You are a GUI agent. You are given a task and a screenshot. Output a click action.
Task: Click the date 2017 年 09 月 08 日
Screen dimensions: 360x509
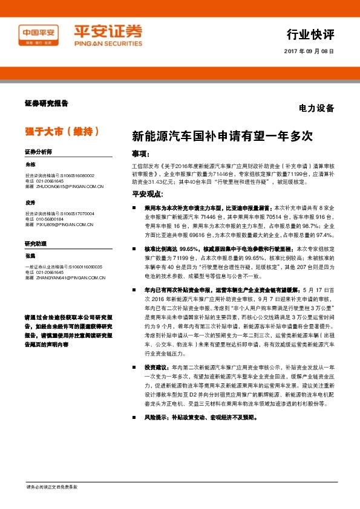coord(309,51)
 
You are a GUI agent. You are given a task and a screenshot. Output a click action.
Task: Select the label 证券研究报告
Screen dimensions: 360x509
coord(47,103)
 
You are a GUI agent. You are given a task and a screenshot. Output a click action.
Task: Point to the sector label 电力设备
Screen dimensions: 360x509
coord(316,109)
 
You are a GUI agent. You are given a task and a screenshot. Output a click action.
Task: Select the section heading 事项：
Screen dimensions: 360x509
coord(142,153)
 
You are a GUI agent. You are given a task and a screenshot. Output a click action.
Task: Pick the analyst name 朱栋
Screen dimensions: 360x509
coord(31,164)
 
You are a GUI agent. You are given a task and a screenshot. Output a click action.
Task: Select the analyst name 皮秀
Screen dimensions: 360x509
coord(31,202)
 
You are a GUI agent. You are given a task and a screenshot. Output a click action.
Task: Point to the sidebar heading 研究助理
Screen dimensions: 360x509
coord(36,243)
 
